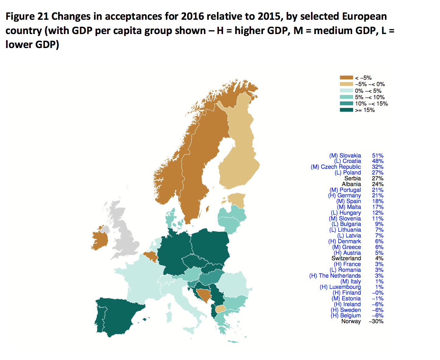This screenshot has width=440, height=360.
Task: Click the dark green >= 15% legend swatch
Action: pos(346,110)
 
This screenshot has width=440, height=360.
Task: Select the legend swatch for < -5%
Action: pos(346,78)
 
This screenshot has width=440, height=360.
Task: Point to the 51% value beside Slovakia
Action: pos(378,155)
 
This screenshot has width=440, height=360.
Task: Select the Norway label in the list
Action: pos(351,321)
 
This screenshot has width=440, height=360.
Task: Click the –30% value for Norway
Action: pos(376,321)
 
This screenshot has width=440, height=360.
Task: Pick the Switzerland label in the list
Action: pos(346,258)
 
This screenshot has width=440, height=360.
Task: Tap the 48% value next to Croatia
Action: pos(378,161)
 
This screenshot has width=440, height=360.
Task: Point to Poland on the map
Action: pos(210,243)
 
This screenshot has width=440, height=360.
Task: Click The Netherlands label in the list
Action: pos(335,276)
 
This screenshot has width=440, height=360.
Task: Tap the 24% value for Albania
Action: pos(378,184)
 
